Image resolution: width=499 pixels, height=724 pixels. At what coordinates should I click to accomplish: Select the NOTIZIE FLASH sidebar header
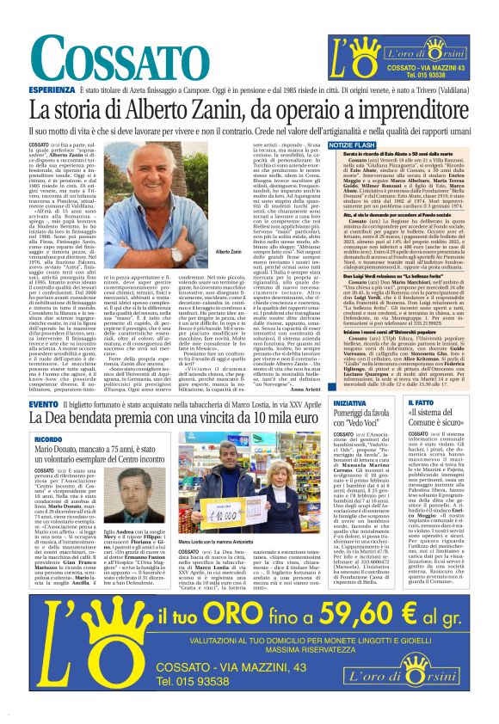point(352,144)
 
